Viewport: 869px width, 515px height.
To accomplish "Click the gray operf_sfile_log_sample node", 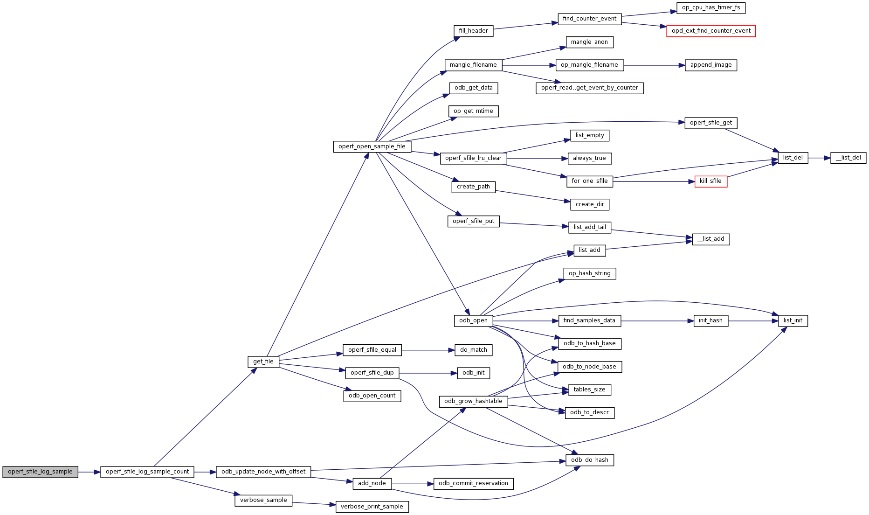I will point(40,472).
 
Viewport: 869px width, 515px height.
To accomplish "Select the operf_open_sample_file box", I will point(372,146).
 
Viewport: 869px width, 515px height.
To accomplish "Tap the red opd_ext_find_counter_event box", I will point(710,31).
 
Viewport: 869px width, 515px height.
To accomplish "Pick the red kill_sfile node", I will point(710,181).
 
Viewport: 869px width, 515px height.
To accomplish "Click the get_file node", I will point(263,362).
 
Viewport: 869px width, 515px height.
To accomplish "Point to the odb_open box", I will point(473,320).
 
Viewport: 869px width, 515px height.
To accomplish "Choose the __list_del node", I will point(848,158).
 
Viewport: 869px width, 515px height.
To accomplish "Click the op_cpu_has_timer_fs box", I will point(710,8).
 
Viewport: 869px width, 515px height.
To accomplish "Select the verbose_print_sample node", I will point(372,507).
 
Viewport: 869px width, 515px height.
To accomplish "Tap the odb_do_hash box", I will point(589,460).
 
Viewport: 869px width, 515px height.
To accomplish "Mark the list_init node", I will point(793,320).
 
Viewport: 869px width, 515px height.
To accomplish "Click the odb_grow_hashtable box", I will point(473,401).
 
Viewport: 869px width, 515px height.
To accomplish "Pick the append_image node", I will point(710,65).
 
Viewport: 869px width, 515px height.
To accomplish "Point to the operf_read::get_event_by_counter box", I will point(589,88).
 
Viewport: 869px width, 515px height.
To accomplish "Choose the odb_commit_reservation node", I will point(473,483).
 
